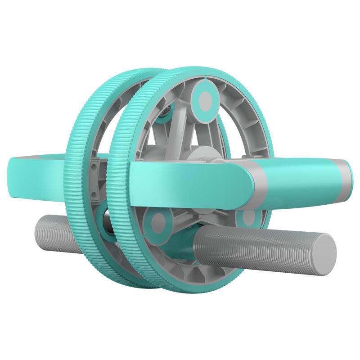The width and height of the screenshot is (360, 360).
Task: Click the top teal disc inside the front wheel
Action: pyautogui.click(x=205, y=99)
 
